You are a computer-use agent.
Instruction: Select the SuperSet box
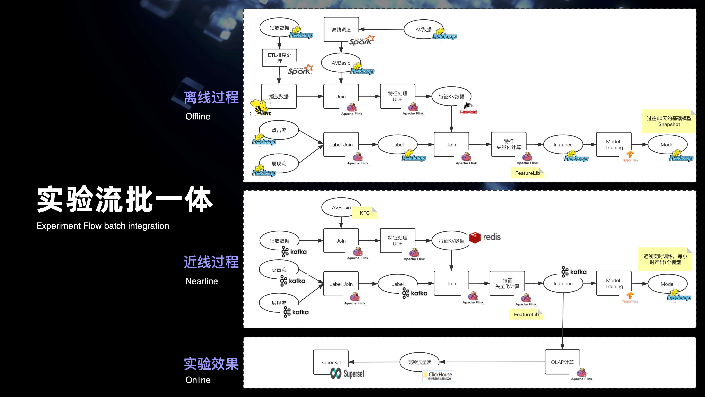click(x=331, y=362)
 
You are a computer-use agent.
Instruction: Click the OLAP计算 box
click(x=562, y=362)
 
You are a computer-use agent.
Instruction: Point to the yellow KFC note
click(x=364, y=213)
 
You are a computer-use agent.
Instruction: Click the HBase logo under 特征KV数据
click(x=468, y=109)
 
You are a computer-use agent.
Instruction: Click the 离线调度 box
click(x=341, y=29)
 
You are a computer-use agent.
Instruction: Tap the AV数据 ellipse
click(x=423, y=29)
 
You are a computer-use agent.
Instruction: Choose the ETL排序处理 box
click(x=279, y=58)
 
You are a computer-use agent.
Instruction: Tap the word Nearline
click(x=201, y=281)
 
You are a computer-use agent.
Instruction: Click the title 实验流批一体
click(x=125, y=199)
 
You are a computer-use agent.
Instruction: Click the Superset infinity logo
click(x=336, y=373)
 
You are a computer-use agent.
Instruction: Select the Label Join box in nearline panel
click(x=341, y=284)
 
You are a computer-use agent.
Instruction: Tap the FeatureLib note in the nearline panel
click(x=526, y=314)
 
